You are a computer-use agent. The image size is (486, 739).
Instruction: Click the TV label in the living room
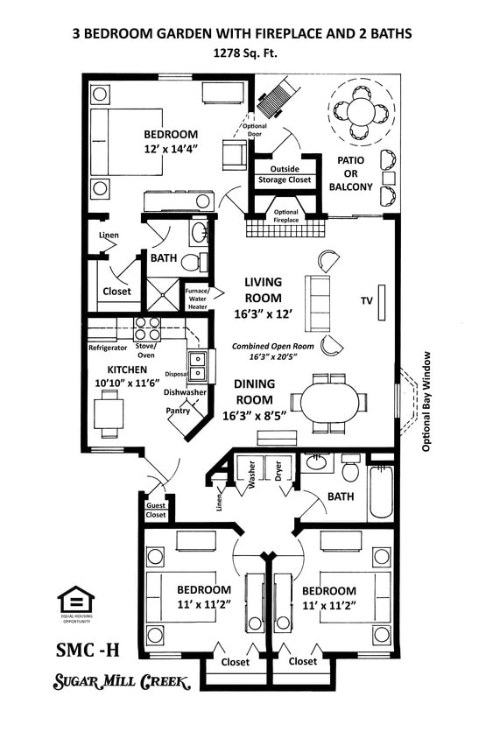click(366, 300)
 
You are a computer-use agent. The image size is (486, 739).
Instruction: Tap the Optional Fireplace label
click(286, 215)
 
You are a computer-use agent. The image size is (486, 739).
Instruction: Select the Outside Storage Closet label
click(284, 174)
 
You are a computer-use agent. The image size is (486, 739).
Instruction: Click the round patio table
click(360, 110)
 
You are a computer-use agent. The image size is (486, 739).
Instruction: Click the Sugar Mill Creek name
click(123, 682)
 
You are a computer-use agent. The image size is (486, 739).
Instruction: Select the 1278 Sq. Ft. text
click(243, 53)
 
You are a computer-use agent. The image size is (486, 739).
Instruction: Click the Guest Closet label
click(155, 510)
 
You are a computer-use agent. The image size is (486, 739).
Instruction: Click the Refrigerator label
click(108, 348)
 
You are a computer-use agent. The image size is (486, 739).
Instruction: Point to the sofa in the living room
click(317, 302)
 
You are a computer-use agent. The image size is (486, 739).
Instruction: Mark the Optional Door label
click(254, 130)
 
